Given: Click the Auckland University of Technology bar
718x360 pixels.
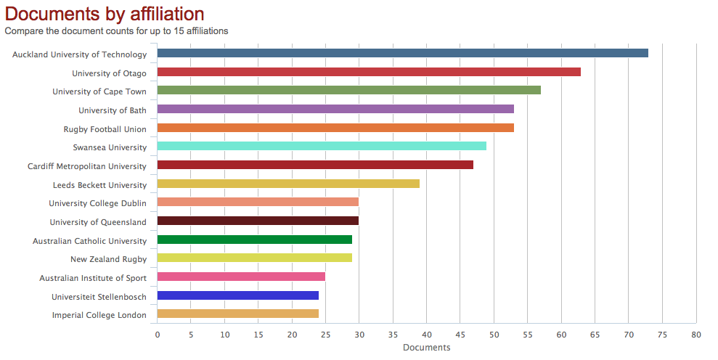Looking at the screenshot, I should pos(402,53).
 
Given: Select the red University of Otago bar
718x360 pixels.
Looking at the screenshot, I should pos(369,72).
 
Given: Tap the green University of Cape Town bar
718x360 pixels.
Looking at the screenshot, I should pos(348,90).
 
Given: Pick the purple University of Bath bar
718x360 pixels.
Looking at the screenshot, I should pos(335,109).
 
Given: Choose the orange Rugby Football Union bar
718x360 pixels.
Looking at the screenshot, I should pos(335,128).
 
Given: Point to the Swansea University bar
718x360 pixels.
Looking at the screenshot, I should pos(322,146).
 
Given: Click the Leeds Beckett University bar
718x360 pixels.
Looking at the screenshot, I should pos(288,184).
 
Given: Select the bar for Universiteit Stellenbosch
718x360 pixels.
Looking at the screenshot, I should pos(237,295).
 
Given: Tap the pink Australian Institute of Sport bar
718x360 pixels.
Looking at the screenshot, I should pos(241,277).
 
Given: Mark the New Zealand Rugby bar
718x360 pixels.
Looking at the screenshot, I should pos(254,258).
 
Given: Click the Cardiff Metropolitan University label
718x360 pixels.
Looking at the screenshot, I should pos(87,166).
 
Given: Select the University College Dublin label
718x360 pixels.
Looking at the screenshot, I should pos(97,203).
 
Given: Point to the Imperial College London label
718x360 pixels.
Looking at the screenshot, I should pos(99,315).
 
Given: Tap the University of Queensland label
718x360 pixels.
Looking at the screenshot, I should pos(98,222).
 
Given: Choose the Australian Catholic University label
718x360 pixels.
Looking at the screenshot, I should pos(89,241).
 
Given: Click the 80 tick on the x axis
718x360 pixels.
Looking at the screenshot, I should pos(696,335).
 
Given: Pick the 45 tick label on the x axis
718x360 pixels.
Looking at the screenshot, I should pos(460,335).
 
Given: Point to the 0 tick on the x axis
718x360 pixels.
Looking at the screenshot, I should pos(158,335).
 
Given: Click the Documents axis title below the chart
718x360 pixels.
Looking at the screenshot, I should pos(426,348).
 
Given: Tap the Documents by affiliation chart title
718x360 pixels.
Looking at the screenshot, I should pos(105,14).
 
